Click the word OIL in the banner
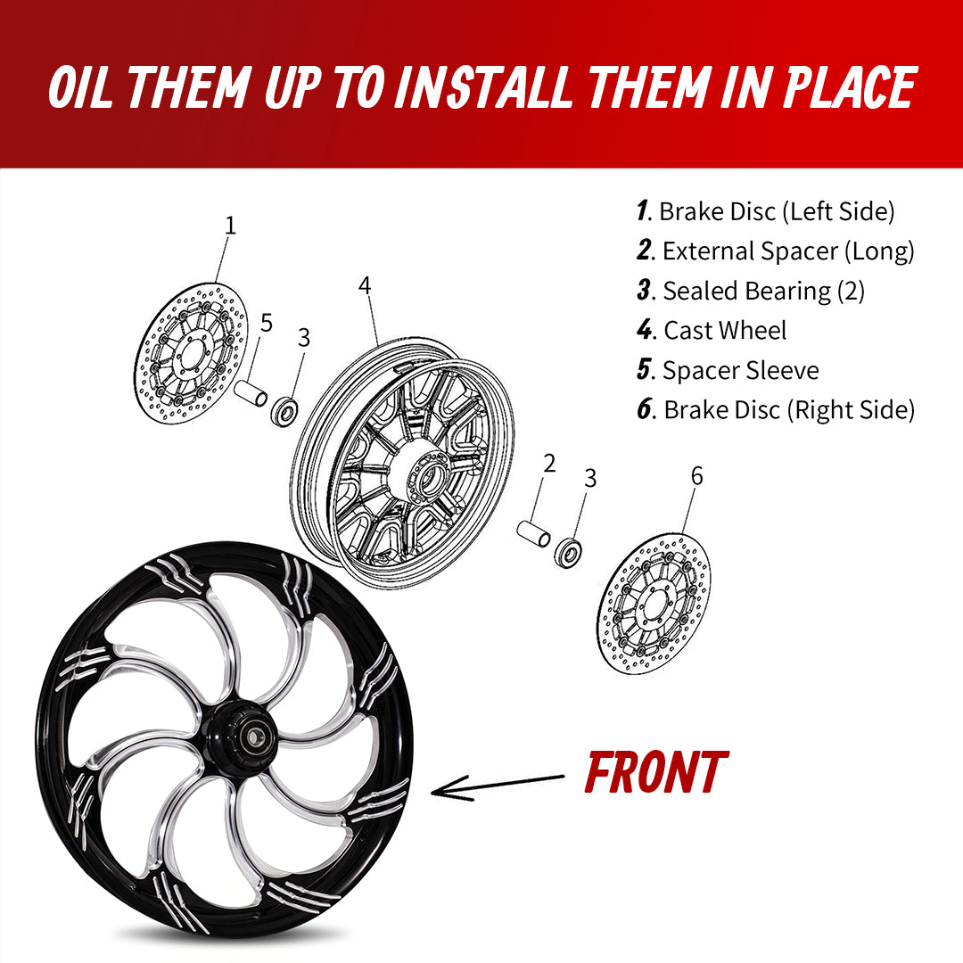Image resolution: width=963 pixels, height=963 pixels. click(x=81, y=86)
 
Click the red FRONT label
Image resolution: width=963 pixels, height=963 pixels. click(x=655, y=772)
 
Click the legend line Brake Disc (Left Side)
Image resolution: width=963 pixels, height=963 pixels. click(x=766, y=211)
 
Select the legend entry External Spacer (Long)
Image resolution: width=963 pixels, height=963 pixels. click(x=776, y=251)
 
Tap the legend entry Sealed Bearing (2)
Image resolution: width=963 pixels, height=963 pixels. click(x=751, y=291)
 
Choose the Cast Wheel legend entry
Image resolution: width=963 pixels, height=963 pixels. click(x=712, y=331)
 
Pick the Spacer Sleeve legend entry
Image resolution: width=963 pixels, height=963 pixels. click(x=728, y=370)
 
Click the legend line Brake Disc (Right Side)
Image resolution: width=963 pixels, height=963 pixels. click(x=776, y=409)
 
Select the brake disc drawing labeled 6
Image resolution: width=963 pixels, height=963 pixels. click(x=654, y=603)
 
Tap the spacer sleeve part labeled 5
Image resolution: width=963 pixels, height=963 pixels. click(x=251, y=394)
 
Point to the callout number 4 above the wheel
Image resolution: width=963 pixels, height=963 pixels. click(x=365, y=286)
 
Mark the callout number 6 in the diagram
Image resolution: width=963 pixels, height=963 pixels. click(x=696, y=477)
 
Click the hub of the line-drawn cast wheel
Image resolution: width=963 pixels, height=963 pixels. click(x=427, y=482)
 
